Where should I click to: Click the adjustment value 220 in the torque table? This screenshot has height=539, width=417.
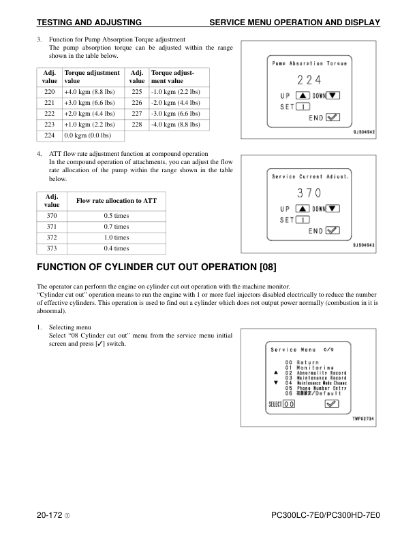coord(49,91)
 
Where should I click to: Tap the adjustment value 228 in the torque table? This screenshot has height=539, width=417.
coord(136,125)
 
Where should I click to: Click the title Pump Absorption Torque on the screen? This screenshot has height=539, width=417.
coord(309,63)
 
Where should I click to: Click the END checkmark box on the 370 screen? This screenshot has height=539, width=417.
coord(333,230)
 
